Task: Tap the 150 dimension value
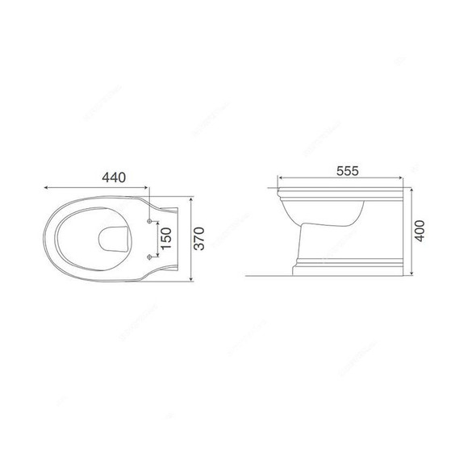(x=165, y=239)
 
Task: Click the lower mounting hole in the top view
(x=151, y=257)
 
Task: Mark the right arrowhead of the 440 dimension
(x=150, y=186)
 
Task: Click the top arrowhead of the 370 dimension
(x=190, y=198)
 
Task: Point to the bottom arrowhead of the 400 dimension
(x=412, y=274)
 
